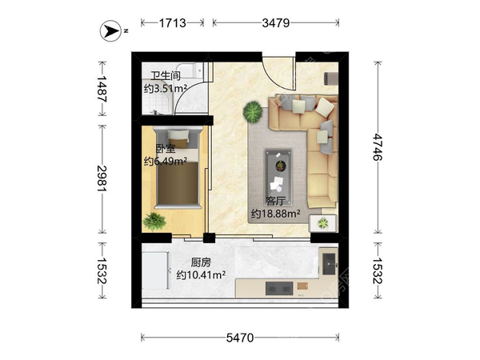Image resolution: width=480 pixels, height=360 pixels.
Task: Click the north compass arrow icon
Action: click(x=110, y=31)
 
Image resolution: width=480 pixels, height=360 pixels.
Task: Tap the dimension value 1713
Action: click(x=173, y=23)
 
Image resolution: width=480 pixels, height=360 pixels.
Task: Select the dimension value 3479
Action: click(x=275, y=23)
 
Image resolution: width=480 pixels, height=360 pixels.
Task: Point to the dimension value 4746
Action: click(x=378, y=147)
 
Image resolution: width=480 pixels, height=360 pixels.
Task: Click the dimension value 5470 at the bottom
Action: click(x=240, y=338)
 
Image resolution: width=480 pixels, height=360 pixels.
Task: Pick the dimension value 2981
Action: click(x=102, y=178)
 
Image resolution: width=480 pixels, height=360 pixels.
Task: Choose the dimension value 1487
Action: click(x=102, y=89)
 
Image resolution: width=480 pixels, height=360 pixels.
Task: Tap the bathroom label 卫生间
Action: click(x=166, y=76)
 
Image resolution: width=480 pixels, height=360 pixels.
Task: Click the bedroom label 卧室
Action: click(x=166, y=149)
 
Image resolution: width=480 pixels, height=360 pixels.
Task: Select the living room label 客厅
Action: click(x=275, y=201)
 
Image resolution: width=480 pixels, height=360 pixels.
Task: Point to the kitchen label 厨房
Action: click(x=201, y=262)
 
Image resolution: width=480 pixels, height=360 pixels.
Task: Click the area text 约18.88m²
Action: click(x=275, y=214)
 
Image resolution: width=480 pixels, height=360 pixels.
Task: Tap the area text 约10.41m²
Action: click(x=201, y=275)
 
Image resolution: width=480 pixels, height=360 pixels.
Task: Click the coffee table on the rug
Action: click(x=278, y=177)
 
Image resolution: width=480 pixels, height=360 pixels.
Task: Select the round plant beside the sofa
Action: click(x=253, y=112)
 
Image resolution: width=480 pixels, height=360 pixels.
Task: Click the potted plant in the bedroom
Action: click(x=154, y=221)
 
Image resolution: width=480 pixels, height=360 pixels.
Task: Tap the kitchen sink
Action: click(x=330, y=264)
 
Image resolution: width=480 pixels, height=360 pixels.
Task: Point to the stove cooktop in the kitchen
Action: click(x=279, y=288)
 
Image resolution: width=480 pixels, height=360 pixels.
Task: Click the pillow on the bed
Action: click(x=178, y=135)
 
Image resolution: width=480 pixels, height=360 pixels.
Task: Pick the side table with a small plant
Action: click(x=323, y=223)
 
